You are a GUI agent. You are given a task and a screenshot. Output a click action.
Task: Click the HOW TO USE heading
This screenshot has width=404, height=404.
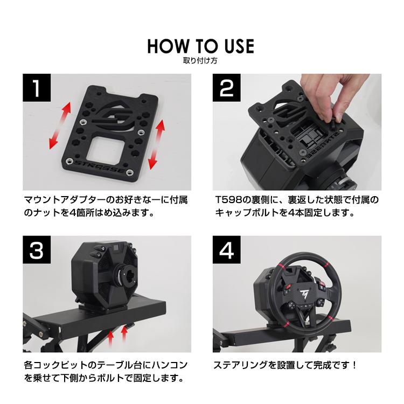pyautogui.click(x=200, y=46)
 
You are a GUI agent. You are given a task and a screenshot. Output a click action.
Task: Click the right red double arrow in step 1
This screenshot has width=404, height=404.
pyautogui.click(x=159, y=144)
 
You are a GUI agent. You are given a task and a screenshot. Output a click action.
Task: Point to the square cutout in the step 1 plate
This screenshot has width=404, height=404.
pyautogui.click(x=114, y=145)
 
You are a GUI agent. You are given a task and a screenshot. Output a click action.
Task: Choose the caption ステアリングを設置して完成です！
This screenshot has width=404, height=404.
pyautogui.click(x=286, y=365)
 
